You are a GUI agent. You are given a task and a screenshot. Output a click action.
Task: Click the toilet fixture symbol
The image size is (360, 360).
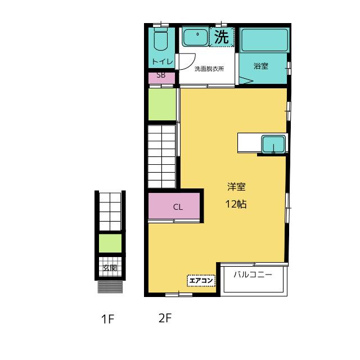coord(161,39)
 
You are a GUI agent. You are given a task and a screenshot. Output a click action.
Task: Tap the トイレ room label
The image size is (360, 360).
coord(163,61)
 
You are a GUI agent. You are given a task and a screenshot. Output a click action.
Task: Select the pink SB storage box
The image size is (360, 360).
coord(161,78)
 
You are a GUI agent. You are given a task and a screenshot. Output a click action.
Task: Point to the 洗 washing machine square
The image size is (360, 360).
coord(222,37)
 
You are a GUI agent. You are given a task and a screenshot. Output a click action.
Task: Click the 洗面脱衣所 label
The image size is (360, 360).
coord(209,69)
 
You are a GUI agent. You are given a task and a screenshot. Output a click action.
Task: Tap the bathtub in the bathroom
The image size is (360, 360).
coord(264,40)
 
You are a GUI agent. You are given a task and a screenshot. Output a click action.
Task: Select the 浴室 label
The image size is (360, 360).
coord(261,66)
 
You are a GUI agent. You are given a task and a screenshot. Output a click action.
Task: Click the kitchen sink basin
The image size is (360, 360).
coord(273,144)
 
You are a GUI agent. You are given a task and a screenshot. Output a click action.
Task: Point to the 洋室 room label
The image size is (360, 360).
coord(236,187)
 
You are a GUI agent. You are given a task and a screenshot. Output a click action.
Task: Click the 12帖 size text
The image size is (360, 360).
coord(236,204)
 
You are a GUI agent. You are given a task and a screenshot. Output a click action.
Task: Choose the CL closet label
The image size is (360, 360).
coord(178,207)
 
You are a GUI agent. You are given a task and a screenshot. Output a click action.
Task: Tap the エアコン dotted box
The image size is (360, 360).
coord(201,281)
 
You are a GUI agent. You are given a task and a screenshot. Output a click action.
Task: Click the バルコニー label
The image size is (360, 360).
coord(253,274)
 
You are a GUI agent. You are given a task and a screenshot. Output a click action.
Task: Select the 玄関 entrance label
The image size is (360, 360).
coord(110,268)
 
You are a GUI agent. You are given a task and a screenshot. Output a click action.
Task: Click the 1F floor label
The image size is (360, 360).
coord(107,319)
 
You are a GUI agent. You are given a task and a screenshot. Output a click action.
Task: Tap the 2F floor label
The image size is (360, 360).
coord(165,318)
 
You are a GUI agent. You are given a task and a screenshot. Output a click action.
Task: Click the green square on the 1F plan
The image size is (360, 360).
coord(110,243)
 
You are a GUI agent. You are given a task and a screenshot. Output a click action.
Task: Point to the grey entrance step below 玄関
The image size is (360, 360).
coord(110,287)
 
